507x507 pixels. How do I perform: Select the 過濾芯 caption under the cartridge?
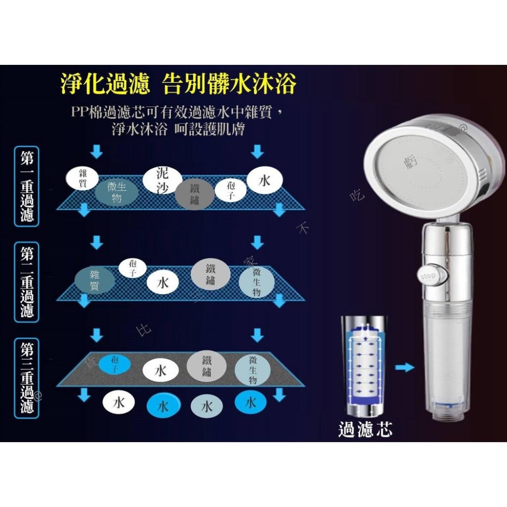point(365,429)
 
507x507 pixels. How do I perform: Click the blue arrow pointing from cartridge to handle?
point(405,367)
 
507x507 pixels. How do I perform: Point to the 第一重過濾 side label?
point(27,186)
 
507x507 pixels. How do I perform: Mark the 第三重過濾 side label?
point(27,378)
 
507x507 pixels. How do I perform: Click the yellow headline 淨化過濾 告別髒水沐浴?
point(178,84)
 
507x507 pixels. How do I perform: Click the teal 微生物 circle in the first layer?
point(117,193)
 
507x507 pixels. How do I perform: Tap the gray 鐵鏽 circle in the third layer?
point(206,366)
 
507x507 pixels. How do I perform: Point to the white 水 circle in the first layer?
point(264,180)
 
